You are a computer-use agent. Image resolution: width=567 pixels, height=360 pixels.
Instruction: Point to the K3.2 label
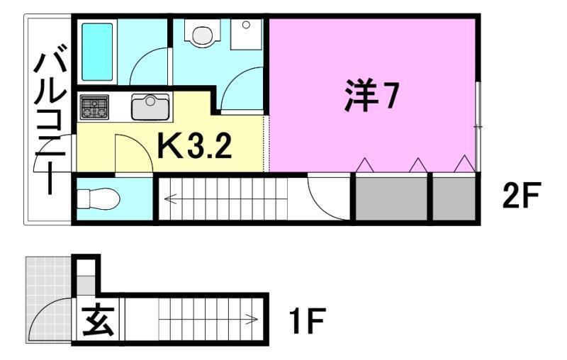193,147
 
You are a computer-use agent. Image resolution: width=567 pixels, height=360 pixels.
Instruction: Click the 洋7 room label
369,97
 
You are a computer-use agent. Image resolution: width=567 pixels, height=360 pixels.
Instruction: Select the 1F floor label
306,323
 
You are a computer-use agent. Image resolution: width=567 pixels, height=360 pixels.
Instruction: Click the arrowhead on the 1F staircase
253,320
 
